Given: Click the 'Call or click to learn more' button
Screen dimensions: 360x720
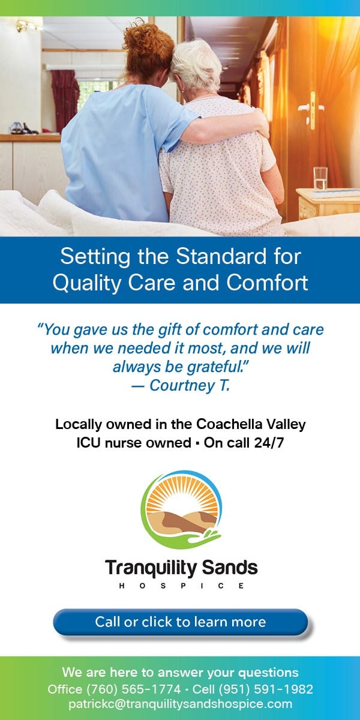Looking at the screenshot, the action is (x=181, y=622).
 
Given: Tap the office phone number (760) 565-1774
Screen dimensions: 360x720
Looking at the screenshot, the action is (x=133, y=689).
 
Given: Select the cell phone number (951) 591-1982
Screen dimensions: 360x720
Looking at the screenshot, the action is (x=266, y=689).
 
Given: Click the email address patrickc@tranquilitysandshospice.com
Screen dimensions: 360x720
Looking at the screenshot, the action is (x=181, y=704).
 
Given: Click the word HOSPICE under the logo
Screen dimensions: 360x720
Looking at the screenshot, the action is (x=181, y=586).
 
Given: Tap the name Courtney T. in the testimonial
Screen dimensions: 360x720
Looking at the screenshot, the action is (x=190, y=385).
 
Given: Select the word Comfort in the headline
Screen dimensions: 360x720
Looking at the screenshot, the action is (x=267, y=283).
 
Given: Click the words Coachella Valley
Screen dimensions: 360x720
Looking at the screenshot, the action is (x=251, y=425).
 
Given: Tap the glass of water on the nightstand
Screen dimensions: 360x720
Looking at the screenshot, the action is (x=320, y=178).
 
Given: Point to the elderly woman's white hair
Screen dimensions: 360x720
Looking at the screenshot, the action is (x=197, y=64).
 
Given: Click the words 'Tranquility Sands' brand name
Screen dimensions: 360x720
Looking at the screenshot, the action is (x=181, y=568).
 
